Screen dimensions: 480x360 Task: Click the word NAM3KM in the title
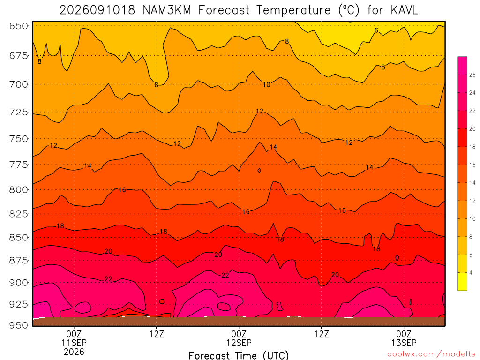[167, 10]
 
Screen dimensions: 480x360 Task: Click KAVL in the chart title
[404, 10]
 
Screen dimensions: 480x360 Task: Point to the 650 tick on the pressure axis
[19, 26]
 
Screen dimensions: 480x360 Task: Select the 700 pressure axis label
[19, 84]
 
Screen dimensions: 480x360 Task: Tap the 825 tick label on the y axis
[19, 214]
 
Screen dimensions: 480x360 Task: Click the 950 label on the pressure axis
[19, 325]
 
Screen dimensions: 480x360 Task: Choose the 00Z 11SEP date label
[74, 338]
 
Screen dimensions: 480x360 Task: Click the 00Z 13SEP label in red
[404, 338]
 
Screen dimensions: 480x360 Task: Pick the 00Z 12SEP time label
[239, 338]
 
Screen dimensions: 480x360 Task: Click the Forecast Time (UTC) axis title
[239, 355]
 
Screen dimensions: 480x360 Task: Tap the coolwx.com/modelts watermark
[431, 354]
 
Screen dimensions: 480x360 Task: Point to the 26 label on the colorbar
[472, 75]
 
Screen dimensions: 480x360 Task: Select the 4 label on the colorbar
[471, 273]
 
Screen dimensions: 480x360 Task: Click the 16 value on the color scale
[472, 165]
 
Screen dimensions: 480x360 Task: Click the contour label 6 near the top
[376, 30]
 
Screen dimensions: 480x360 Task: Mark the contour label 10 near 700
[267, 84]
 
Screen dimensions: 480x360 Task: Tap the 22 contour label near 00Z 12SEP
[225, 275]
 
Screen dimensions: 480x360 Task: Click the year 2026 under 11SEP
[74, 352]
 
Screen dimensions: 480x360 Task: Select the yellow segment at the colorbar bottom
[462, 281]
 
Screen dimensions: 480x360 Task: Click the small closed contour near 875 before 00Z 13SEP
[397, 258]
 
